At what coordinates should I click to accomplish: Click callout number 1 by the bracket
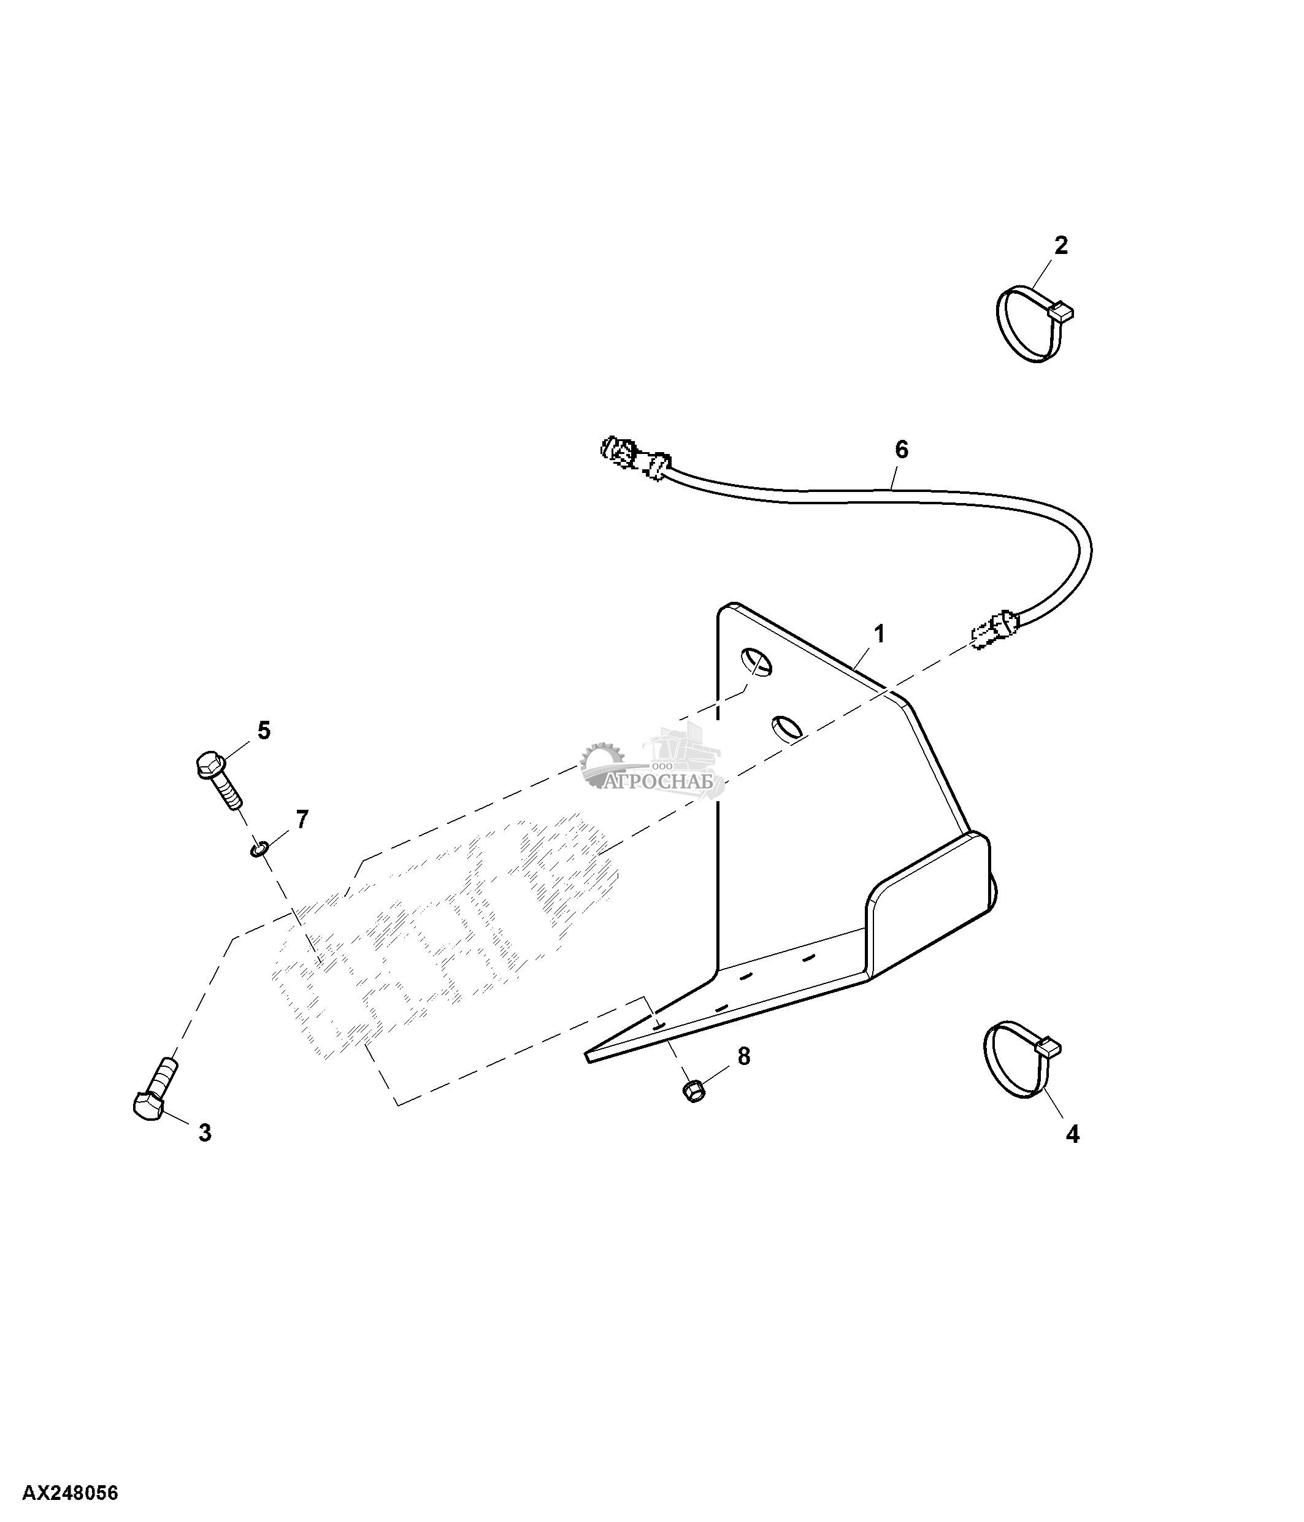tap(879, 633)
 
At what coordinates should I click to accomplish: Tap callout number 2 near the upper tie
tap(1061, 245)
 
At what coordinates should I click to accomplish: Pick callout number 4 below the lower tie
tap(1073, 1134)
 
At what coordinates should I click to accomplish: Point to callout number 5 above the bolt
tap(264, 730)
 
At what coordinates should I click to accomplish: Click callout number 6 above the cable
tap(902, 450)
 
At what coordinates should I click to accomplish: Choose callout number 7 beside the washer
tap(302, 818)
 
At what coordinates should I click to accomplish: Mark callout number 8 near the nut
tap(744, 1056)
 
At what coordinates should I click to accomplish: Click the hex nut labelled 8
tap(693, 1090)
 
